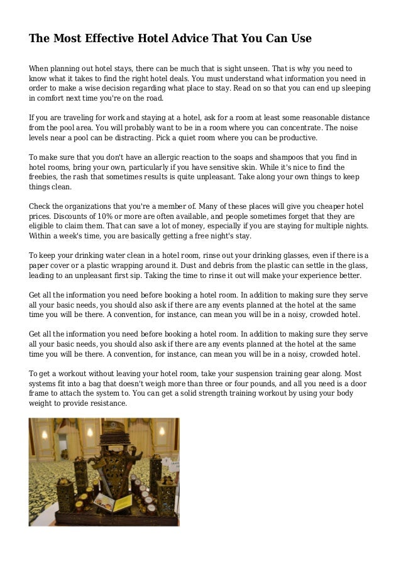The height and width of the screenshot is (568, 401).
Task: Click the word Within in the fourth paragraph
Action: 42,236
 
